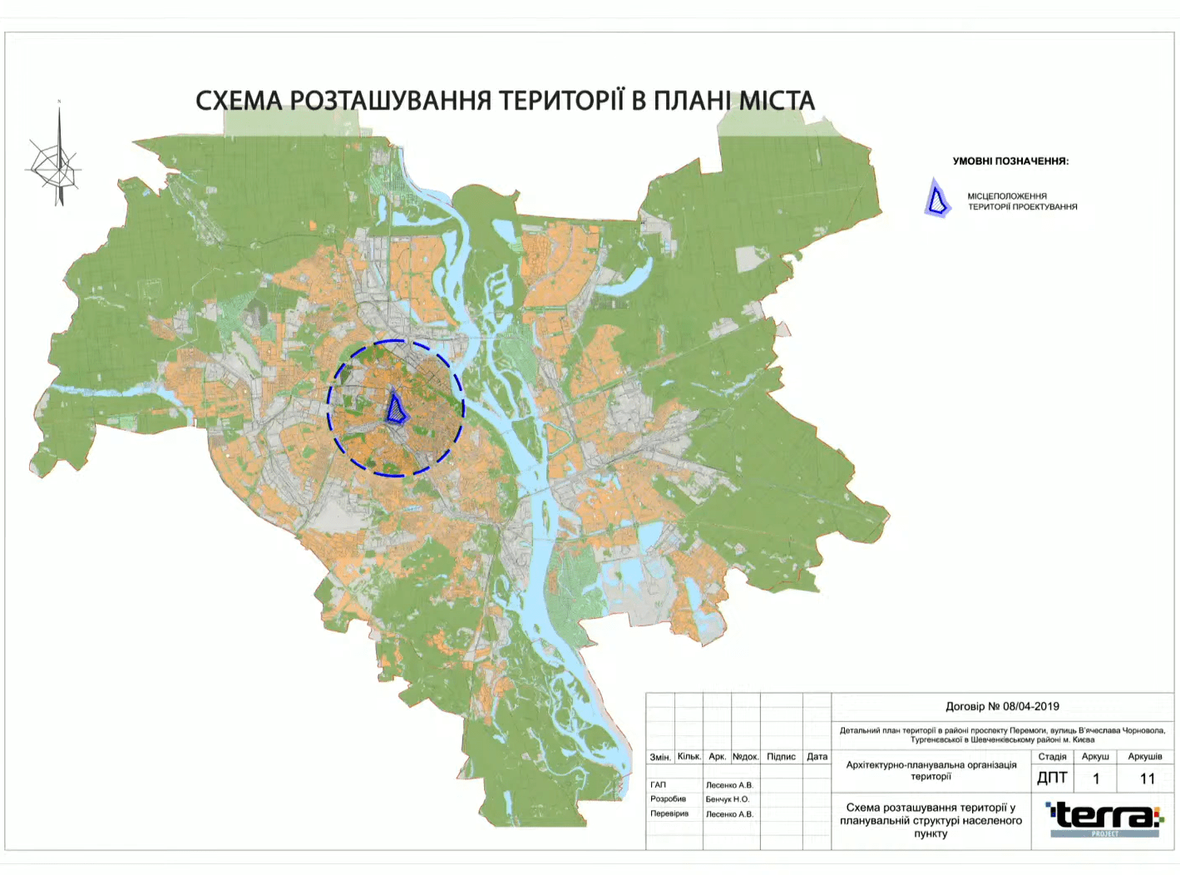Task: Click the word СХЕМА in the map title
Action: [x=239, y=101]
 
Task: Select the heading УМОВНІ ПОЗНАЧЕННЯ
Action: [x=1010, y=161]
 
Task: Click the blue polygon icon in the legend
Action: [x=937, y=200]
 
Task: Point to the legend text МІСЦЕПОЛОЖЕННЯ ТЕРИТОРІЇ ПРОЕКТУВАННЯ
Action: [x=1022, y=201]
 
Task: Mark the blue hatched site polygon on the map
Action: [x=397, y=408]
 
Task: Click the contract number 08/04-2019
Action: [x=1030, y=706]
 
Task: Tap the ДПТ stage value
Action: [x=1052, y=779]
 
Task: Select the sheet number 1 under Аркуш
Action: [x=1095, y=779]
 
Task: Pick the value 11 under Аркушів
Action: [x=1147, y=779]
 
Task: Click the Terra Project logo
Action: [x=1104, y=819]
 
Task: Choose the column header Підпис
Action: [x=781, y=757]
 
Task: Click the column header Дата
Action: [x=817, y=757]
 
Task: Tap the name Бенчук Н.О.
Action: [x=728, y=799]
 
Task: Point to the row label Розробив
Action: [x=668, y=799]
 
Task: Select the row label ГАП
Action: [x=658, y=784]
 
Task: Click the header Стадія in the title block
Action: [x=1052, y=757]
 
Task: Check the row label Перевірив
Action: [x=669, y=813]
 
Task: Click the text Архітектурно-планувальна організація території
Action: [x=931, y=770]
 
